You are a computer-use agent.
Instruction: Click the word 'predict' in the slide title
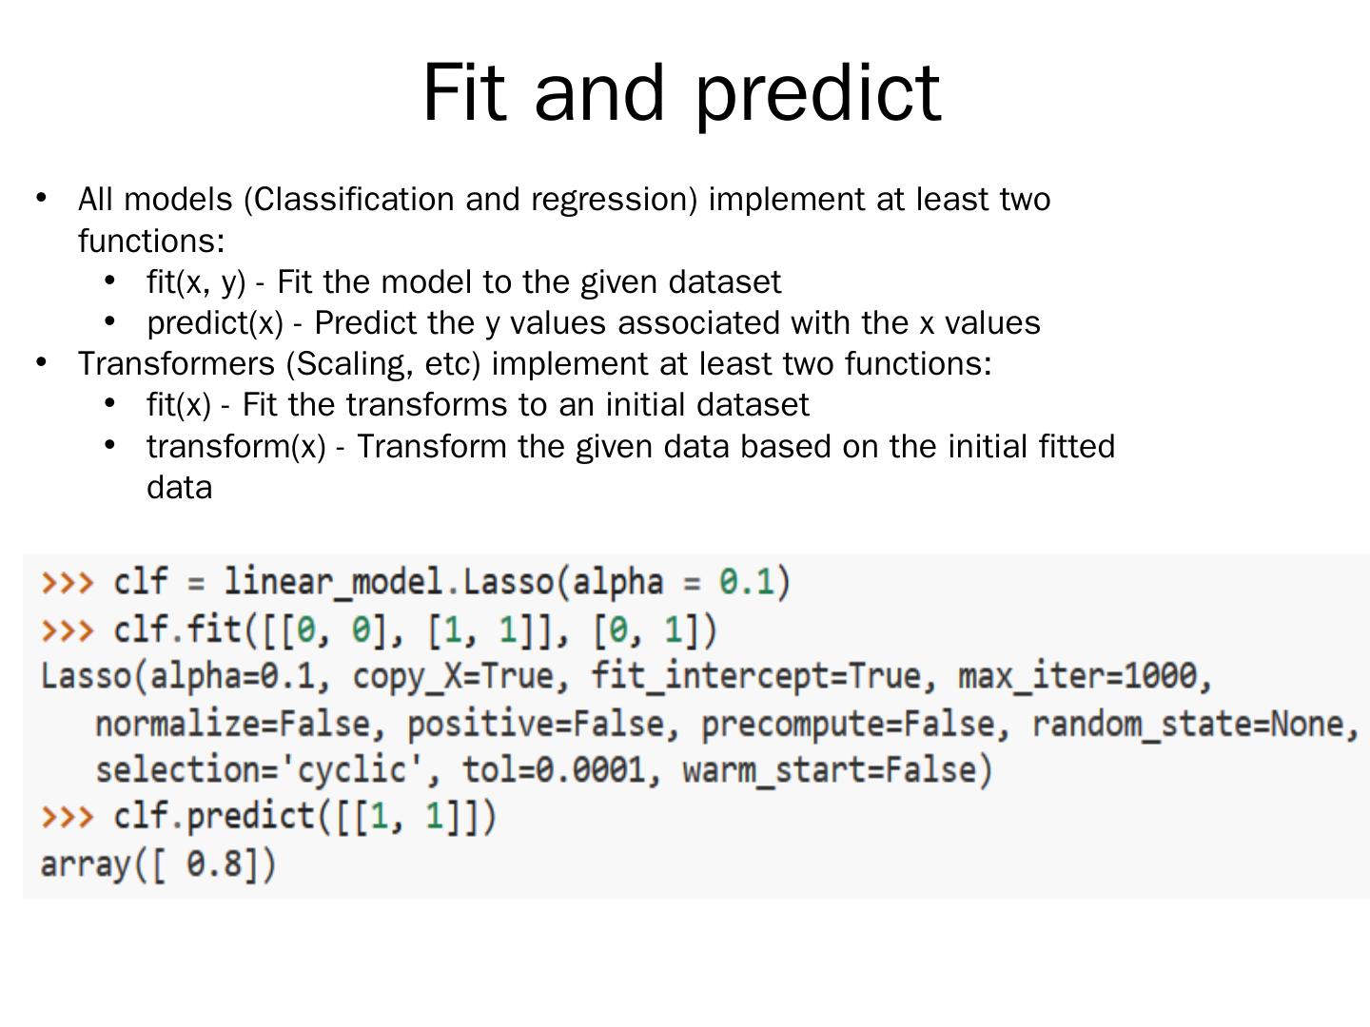818,92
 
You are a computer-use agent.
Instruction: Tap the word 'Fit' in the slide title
463,92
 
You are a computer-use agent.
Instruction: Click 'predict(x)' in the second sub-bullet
215,323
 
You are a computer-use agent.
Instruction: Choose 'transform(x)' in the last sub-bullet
236,446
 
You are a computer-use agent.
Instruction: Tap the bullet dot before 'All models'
41,198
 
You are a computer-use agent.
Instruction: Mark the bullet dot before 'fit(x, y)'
110,281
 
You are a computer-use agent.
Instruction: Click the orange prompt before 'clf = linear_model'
67,581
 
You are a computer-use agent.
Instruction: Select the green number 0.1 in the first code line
747,581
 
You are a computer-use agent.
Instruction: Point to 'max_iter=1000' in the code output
1083,676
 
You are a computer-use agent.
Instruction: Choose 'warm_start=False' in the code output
835,770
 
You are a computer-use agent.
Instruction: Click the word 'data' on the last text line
179,488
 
